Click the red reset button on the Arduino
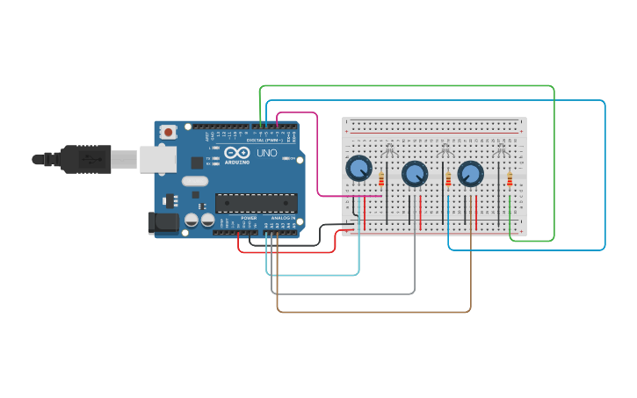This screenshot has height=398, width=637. tap(168, 132)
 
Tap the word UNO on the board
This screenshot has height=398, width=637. tap(267, 153)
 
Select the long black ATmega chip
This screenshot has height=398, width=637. tap(256, 202)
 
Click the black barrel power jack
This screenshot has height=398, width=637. tap(163, 222)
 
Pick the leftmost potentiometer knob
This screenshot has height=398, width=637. tap(358, 168)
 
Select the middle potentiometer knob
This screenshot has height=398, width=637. tap(415, 173)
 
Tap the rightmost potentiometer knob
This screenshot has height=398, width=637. tap(470, 173)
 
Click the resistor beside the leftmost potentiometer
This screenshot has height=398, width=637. tap(381, 179)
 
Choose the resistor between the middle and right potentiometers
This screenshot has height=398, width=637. tap(448, 179)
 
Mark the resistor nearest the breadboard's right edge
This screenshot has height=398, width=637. tap(510, 179)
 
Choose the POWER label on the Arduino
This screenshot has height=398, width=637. tap(250, 217)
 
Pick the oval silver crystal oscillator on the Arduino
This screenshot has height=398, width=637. tap(195, 182)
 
